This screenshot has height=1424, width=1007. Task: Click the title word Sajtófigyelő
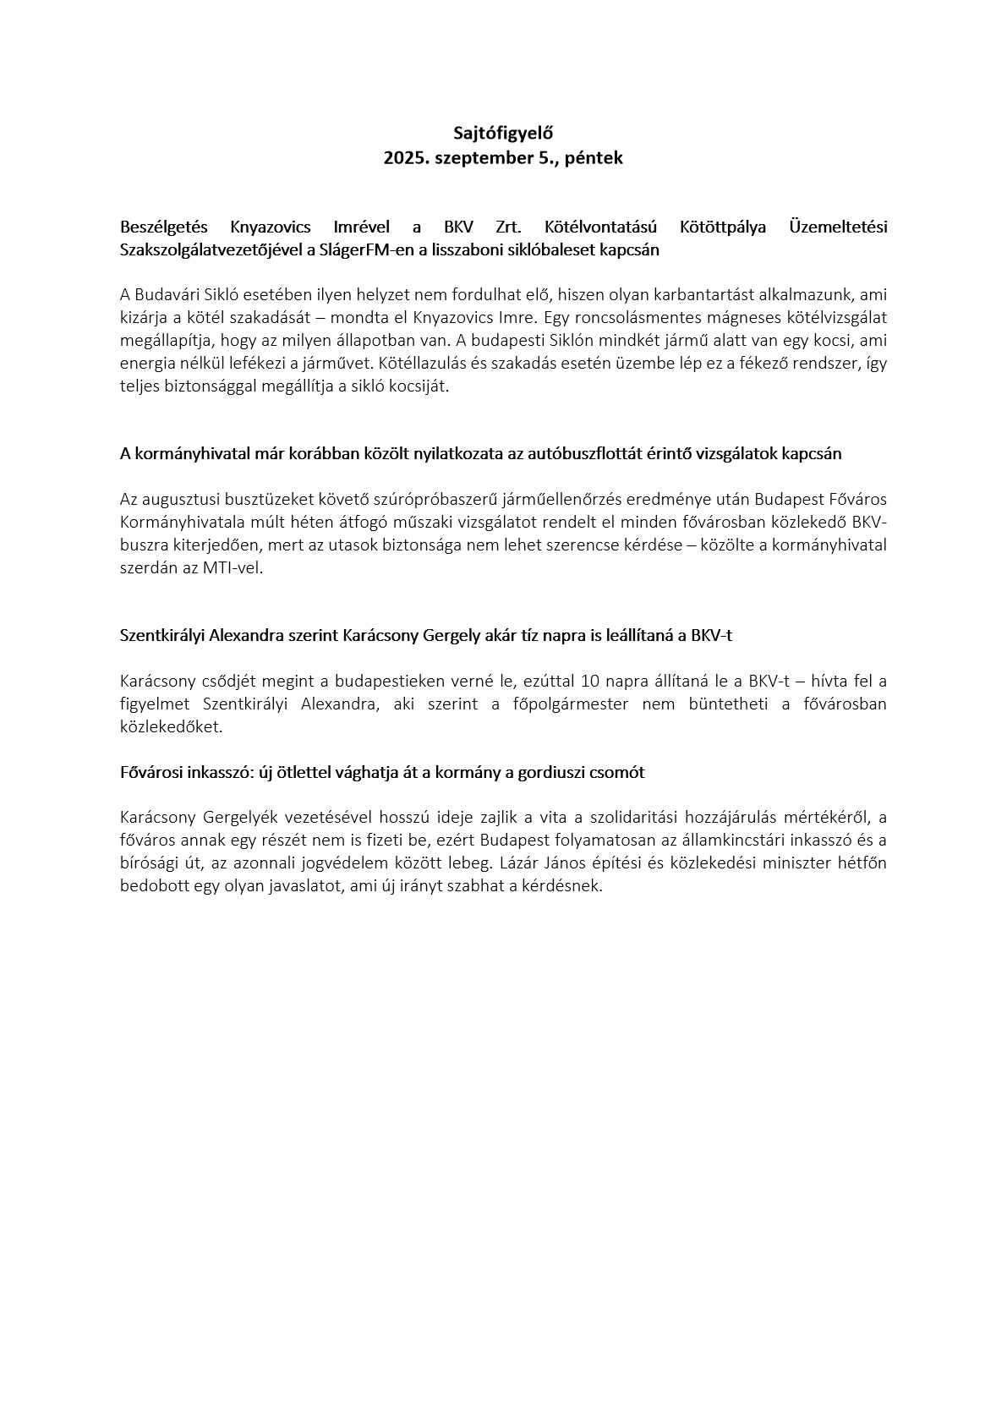pos(503,133)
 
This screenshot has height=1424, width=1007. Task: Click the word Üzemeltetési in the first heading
pos(837,227)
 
